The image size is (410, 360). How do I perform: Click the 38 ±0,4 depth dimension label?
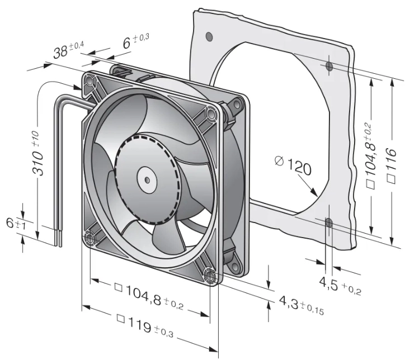(x=68, y=50)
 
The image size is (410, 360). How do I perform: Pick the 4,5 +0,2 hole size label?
(x=340, y=286)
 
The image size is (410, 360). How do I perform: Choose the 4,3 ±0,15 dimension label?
(x=301, y=305)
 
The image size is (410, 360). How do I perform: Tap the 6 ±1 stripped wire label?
(x=16, y=224)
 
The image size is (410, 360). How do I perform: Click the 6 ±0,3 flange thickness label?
(x=136, y=41)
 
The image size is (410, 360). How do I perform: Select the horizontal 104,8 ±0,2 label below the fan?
(x=149, y=296)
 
